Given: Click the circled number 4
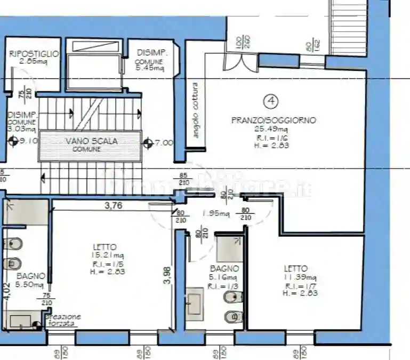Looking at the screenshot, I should point(272,100).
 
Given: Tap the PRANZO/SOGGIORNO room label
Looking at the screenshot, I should point(273,121).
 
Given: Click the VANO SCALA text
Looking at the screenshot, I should point(91,141).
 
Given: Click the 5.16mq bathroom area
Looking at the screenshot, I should point(221,278).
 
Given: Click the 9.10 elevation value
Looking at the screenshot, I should point(29,141).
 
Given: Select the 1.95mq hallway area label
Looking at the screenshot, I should point(216,214).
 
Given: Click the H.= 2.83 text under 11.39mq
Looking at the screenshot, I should point(296,293).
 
